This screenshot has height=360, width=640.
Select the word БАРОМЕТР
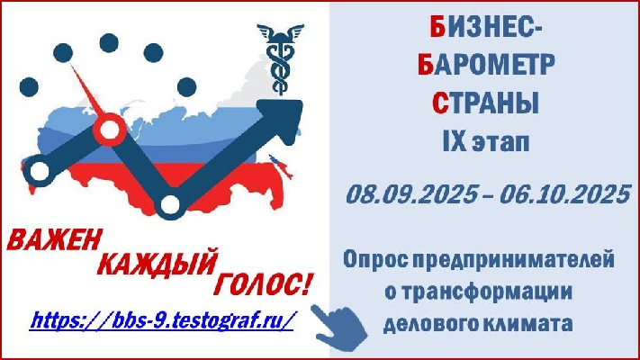pyautogui.click(x=486, y=65)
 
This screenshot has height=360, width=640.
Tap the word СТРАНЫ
pyautogui.click(x=486, y=103)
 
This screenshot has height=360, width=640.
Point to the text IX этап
pyautogui.click(x=486, y=141)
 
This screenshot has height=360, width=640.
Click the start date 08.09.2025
pyautogui.click(x=412, y=194)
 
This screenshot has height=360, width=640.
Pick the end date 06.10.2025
pyautogui.click(x=565, y=194)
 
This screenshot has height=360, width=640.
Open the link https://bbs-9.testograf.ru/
pyautogui.click(x=162, y=320)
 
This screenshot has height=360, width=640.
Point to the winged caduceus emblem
pyautogui.click(x=281, y=58)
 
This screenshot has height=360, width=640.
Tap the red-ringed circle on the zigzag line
pyautogui.click(x=109, y=130)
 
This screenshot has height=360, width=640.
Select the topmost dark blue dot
pyautogui.click(x=109, y=43)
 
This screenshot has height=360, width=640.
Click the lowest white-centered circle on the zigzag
pyautogui.click(x=171, y=204)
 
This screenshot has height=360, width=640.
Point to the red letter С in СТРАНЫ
pyautogui.click(x=440, y=103)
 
